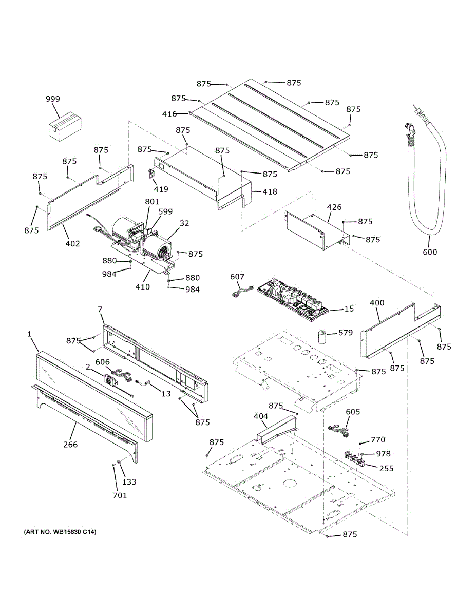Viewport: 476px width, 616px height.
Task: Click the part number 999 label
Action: (x=52, y=99)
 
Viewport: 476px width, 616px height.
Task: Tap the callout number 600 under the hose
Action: (x=430, y=252)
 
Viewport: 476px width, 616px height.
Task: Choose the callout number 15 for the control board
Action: (x=349, y=309)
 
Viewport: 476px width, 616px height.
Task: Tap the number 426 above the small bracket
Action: (x=334, y=207)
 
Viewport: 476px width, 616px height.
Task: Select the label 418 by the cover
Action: (x=270, y=191)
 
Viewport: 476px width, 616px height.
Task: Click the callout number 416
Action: (x=169, y=113)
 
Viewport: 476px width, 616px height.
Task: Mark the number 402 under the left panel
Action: (x=72, y=243)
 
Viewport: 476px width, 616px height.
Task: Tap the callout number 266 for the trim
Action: (x=70, y=444)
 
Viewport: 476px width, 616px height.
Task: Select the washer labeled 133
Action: (x=119, y=464)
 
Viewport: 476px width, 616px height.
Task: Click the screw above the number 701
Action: (x=112, y=465)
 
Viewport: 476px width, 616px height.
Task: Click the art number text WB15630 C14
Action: (x=60, y=532)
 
